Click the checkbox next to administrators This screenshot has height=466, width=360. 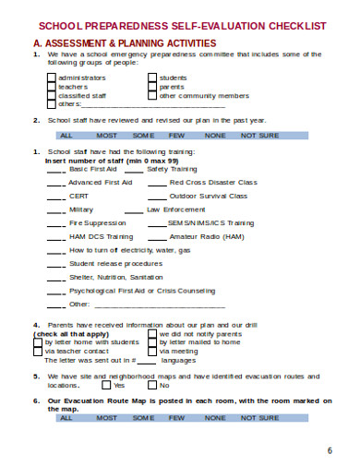(x=51, y=78)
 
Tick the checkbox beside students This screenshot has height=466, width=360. (x=151, y=78)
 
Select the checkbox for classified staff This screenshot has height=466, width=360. (x=51, y=94)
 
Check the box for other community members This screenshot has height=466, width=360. (x=151, y=94)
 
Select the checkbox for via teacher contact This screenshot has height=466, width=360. (x=38, y=351)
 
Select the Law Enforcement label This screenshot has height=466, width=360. (x=177, y=209)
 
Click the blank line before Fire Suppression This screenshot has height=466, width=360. (x=55, y=222)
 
